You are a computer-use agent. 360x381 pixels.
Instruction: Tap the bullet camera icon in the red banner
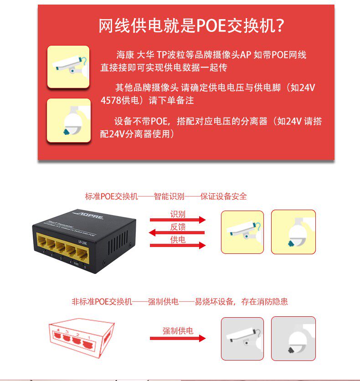tap(68, 67)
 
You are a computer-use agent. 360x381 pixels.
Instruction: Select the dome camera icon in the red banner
tap(69, 120)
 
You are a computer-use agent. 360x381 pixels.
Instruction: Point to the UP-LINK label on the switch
tap(82, 242)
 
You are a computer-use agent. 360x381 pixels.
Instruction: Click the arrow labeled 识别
tap(178, 220)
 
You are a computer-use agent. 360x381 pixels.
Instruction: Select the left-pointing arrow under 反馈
tap(177, 232)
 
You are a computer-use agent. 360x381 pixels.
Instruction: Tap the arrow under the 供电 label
tap(178, 245)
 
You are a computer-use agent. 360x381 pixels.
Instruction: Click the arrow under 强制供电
tap(178, 338)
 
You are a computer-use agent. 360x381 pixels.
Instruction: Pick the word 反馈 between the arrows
tap(178, 227)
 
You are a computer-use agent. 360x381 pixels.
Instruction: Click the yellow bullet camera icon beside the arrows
tap(242, 232)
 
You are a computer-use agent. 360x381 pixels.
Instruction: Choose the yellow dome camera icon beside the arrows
tap(293, 232)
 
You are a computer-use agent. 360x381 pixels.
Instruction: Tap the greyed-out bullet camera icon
tap(242, 339)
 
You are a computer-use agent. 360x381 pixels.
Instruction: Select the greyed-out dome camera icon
tap(293, 339)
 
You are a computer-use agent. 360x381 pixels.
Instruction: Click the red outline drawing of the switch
tap(82, 338)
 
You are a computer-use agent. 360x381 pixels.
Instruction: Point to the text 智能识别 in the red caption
tap(169, 196)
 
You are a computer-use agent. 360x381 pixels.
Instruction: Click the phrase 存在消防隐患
tap(264, 302)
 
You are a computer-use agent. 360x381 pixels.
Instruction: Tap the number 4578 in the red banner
tap(111, 100)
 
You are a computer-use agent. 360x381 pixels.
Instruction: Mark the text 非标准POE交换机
tap(102, 302)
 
